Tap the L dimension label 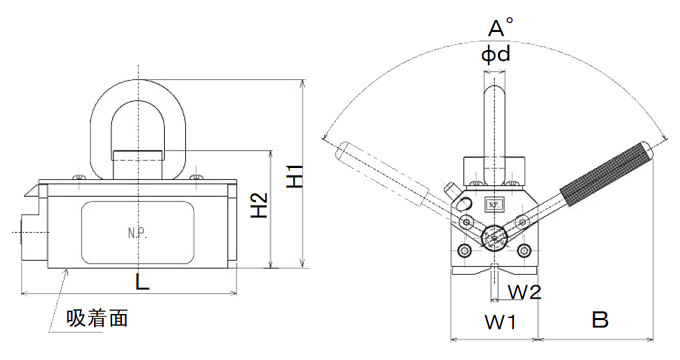point(142,282)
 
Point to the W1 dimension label point(500,322)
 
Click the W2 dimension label point(524,291)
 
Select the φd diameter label point(496,53)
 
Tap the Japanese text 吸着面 point(97,319)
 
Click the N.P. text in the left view point(137,233)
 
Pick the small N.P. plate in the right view point(494,204)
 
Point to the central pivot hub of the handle point(494,236)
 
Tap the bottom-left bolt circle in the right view point(464,251)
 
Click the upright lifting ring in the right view point(495,127)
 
